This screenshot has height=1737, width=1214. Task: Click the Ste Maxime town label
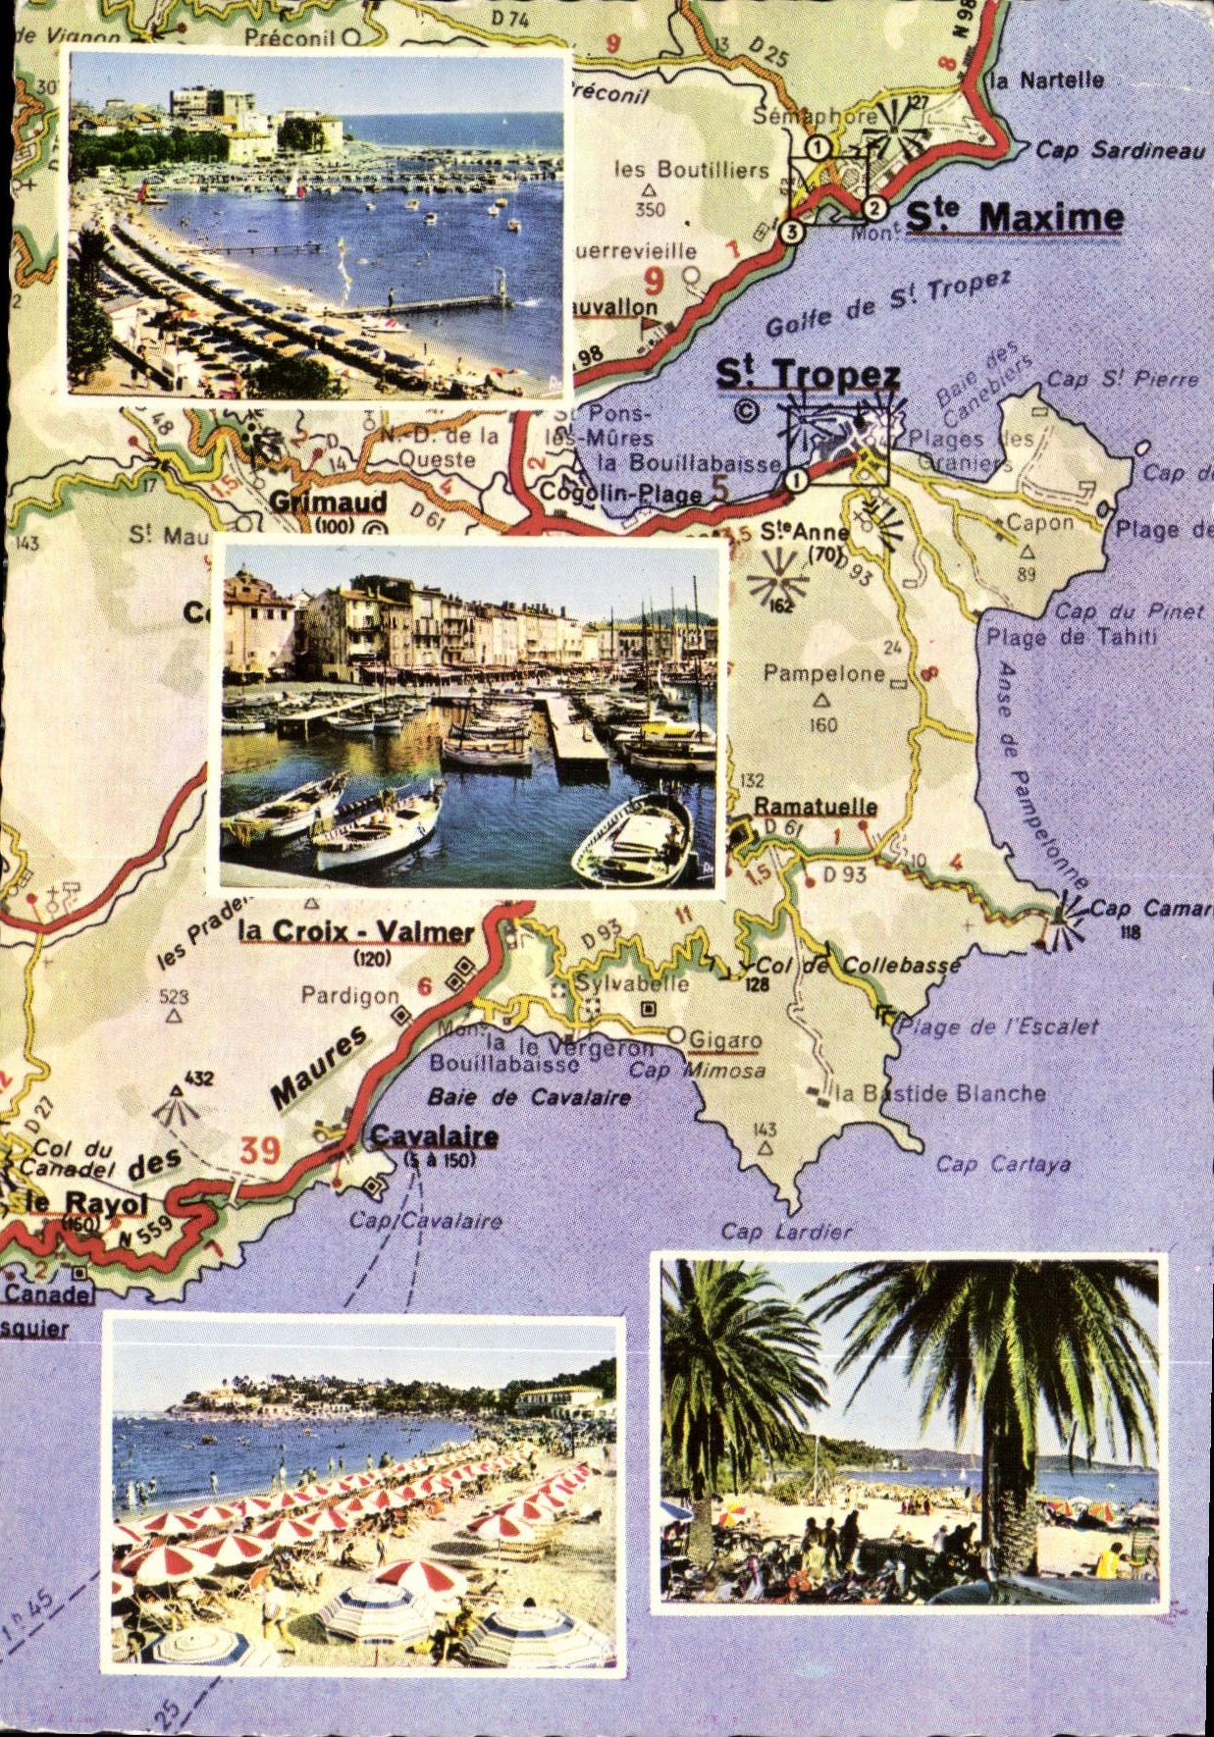tap(1014, 217)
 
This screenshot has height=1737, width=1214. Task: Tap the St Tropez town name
tap(807, 375)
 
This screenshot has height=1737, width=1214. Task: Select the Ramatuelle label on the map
tap(815, 806)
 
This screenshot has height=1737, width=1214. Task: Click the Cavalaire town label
tap(434, 1136)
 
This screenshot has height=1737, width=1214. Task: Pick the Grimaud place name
tap(328, 501)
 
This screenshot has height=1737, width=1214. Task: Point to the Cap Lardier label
tap(787, 1231)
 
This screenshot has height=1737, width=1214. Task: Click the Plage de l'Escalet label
tap(999, 1026)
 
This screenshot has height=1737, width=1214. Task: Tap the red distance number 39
tap(260, 1149)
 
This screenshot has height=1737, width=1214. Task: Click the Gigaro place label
tap(725, 1039)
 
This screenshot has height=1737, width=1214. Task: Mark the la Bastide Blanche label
tap(940, 1093)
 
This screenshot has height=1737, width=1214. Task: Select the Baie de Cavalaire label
tap(529, 1096)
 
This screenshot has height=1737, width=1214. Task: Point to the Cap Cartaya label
tap(1002, 1165)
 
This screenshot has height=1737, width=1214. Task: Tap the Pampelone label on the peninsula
tap(823, 673)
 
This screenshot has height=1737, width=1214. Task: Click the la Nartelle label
tap(1047, 80)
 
